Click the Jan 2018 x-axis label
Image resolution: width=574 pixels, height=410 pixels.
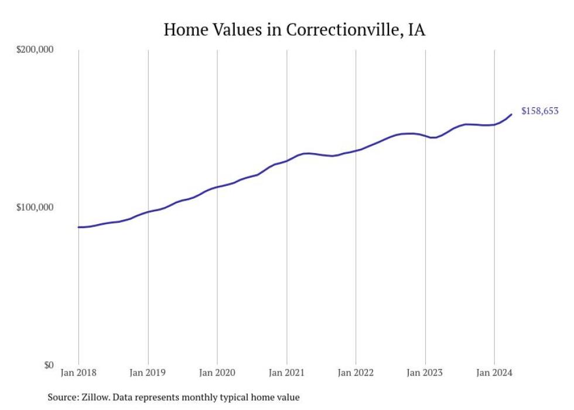pyautogui.click(x=78, y=373)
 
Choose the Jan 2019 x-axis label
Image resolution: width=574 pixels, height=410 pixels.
pyautogui.click(x=148, y=373)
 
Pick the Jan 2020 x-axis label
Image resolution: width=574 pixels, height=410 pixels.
pyautogui.click(x=217, y=373)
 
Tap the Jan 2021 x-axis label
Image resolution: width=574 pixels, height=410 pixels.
pyautogui.click(x=286, y=373)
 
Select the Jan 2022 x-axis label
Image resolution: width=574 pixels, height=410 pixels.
pyautogui.click(x=356, y=373)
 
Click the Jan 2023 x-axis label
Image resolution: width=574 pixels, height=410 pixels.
pyautogui.click(x=425, y=373)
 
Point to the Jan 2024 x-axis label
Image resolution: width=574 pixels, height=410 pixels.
pyautogui.click(x=494, y=373)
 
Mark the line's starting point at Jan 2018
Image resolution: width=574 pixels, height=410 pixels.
pyautogui.click(x=78, y=227)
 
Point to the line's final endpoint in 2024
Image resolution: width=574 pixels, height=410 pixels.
pyautogui.click(x=511, y=114)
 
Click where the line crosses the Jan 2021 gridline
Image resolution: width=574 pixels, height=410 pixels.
pyautogui.click(x=286, y=161)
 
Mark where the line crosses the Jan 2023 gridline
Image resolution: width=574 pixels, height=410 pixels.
pyautogui.click(x=425, y=135)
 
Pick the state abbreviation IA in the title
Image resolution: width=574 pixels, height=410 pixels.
pyautogui.click(x=416, y=30)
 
